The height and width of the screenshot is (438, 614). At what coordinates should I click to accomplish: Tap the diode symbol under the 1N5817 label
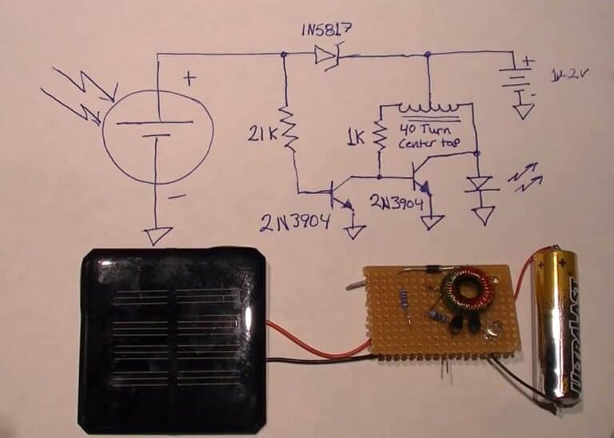pos(326,54)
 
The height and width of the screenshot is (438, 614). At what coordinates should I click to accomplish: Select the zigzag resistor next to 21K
pos(289,132)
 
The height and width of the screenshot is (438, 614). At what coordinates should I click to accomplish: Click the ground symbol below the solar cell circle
pos(157,235)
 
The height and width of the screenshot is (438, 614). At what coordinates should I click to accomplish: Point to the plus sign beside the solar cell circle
pos(190,78)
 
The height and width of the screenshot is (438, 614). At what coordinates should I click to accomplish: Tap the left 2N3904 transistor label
pos(294,221)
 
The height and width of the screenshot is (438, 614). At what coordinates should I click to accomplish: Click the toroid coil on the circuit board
pos(464,292)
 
